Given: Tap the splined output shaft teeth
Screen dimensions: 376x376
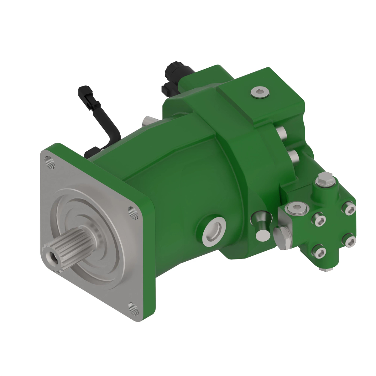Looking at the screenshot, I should [67, 244].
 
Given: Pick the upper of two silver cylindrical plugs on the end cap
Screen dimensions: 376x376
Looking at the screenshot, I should [281, 133].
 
